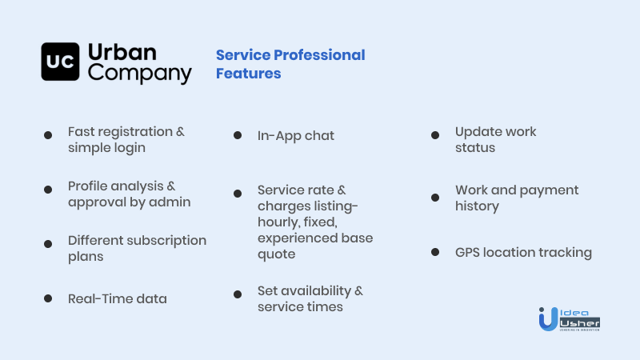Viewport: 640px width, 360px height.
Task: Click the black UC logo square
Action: (60, 62)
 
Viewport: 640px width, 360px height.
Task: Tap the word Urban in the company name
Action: (122, 53)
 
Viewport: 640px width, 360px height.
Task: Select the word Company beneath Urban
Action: (139, 74)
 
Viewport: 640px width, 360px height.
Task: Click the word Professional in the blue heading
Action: (319, 55)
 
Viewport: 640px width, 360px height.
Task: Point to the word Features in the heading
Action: (249, 74)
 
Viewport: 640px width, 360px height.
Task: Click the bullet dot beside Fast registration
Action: (48, 135)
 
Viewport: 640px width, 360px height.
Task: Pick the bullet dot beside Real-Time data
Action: (48, 298)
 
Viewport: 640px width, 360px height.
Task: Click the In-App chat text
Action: (296, 136)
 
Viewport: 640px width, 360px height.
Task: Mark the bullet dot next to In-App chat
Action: (238, 135)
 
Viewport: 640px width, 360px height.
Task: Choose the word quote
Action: (276, 254)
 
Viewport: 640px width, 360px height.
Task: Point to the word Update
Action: (478, 132)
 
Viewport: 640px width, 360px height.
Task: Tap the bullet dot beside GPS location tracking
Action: (435, 252)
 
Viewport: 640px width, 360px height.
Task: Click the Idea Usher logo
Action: (569, 319)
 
